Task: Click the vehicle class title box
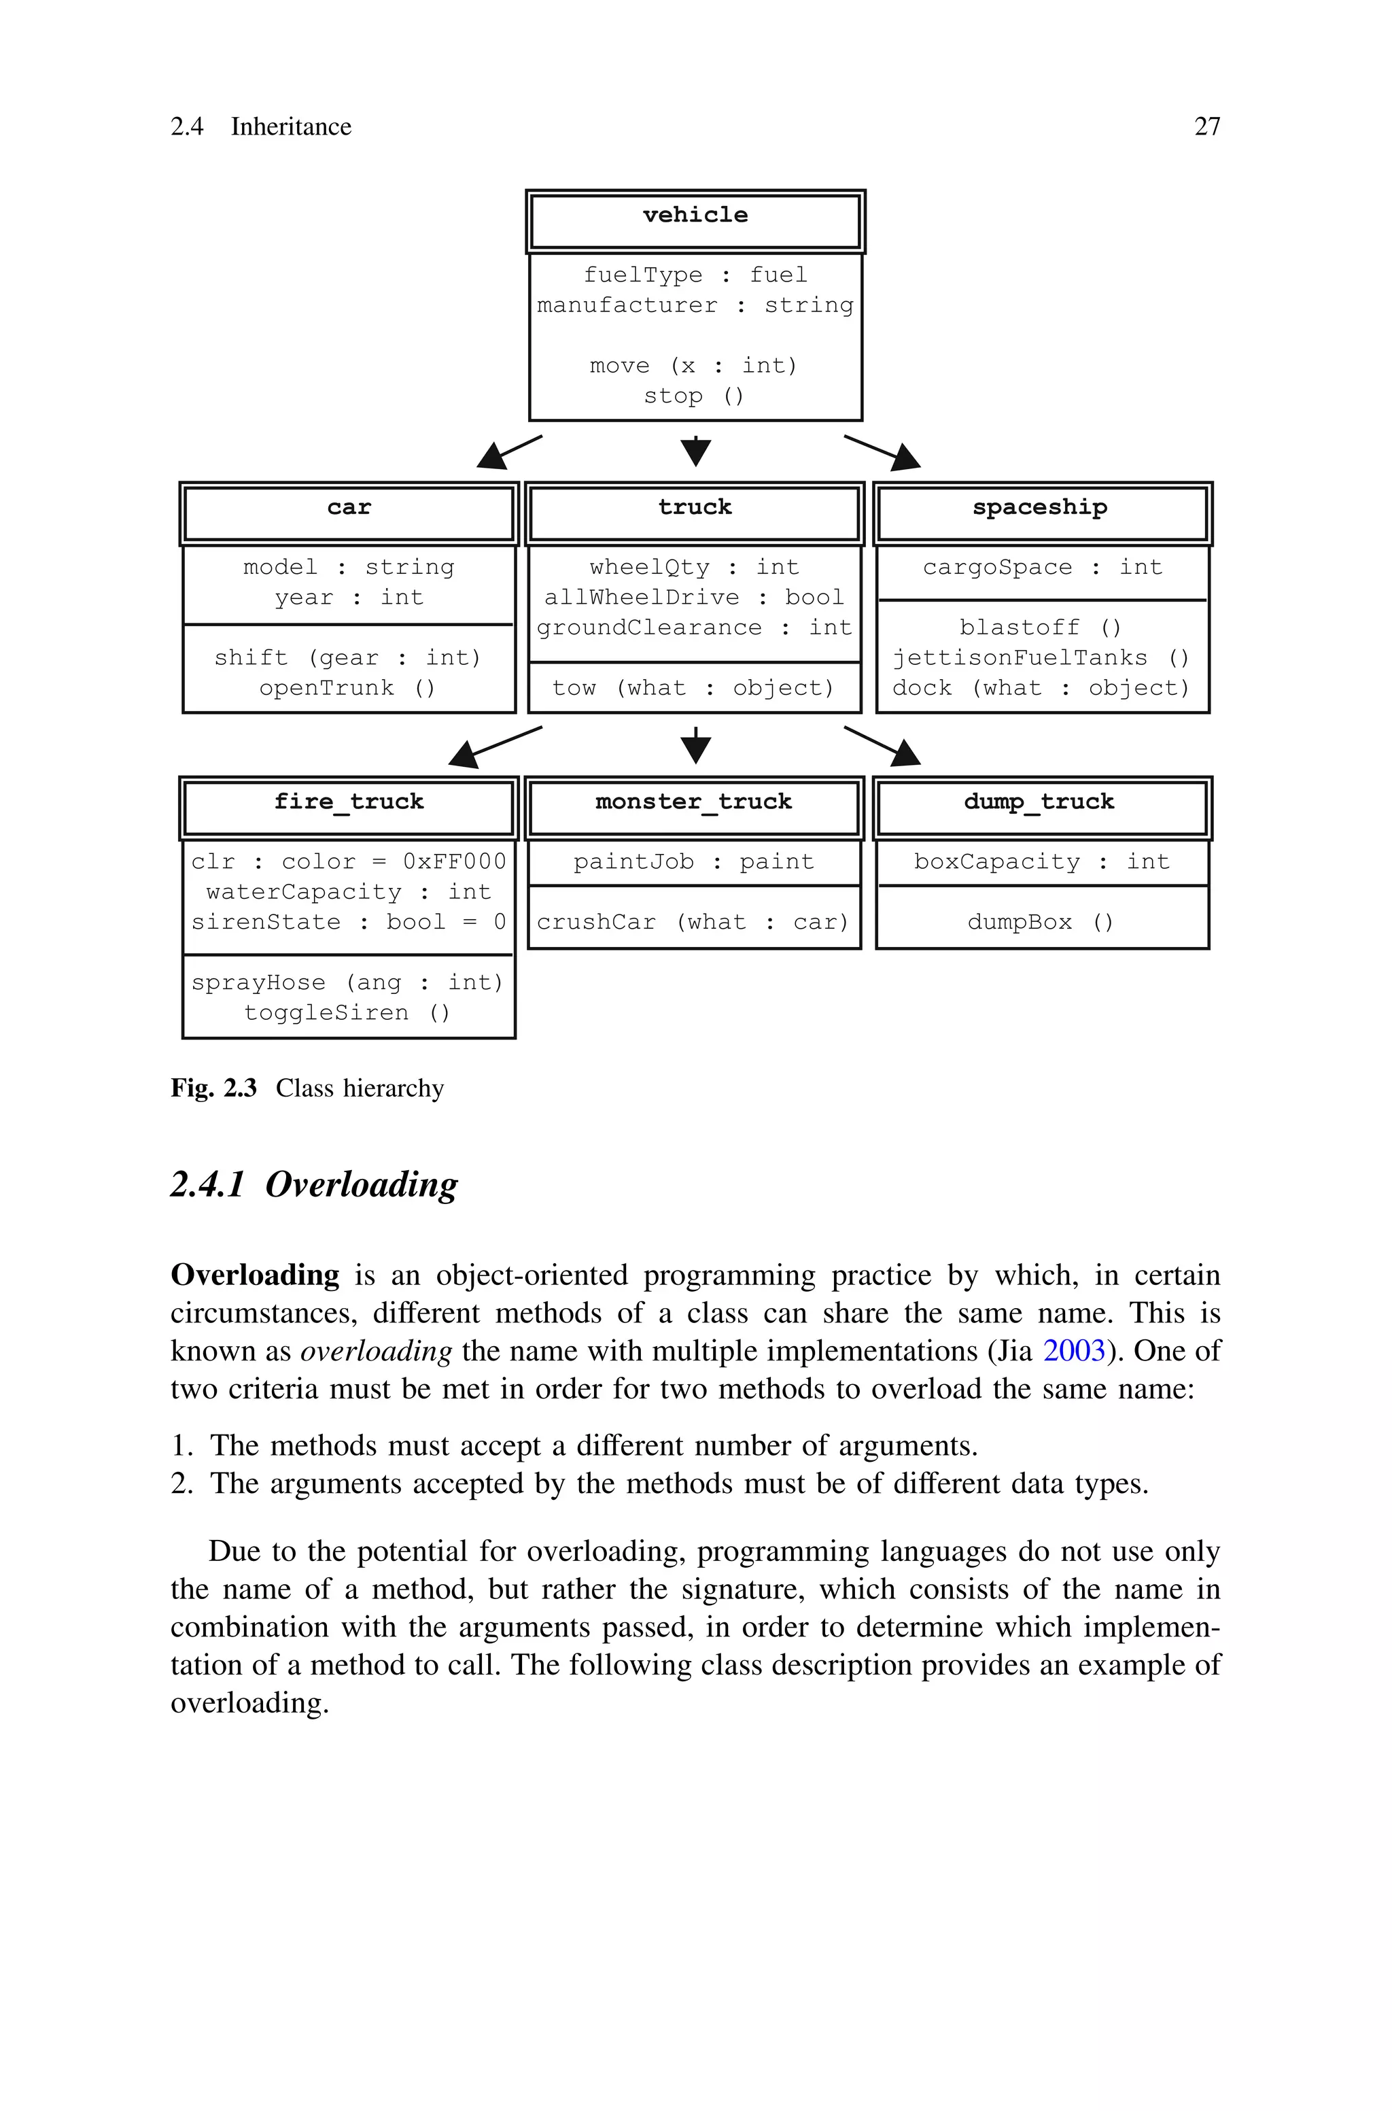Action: (695, 220)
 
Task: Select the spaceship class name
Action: (1039, 508)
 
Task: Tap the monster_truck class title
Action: (693, 802)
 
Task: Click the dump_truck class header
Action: (1039, 802)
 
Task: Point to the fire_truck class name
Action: (349, 802)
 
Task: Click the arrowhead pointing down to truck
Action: (696, 453)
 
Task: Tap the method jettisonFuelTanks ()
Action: (1041, 658)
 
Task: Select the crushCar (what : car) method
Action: (693, 923)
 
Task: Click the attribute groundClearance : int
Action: (693, 628)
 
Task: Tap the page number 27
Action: (1206, 127)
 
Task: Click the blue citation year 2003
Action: (1073, 1351)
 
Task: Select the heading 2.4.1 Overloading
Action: (314, 1185)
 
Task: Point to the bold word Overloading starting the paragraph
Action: (255, 1275)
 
